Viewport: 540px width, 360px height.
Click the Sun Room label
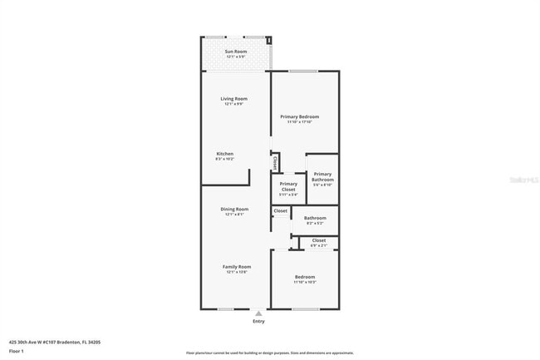click(236, 52)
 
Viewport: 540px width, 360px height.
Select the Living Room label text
click(236, 98)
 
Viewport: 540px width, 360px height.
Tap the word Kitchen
click(225, 154)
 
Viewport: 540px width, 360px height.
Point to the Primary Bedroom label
click(304, 116)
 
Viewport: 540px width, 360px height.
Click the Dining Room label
click(234, 209)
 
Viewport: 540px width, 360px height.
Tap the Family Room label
click(236, 266)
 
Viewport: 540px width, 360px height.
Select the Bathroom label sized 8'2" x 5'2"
click(315, 218)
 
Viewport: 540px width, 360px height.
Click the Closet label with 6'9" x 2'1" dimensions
click(319, 240)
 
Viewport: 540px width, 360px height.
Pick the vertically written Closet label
click(275, 161)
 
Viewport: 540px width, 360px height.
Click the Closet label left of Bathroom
click(280, 211)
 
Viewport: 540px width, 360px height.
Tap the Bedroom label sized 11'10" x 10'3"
click(305, 276)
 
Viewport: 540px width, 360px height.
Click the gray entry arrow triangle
click(258, 313)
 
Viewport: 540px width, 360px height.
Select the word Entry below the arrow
click(258, 321)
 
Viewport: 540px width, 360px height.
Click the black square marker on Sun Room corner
click(268, 40)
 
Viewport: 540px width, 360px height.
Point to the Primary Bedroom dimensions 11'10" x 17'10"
click(304, 122)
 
